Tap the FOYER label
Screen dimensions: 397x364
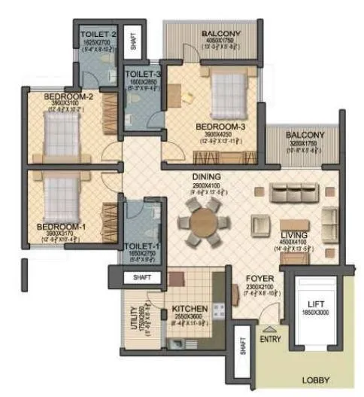tap(260, 278)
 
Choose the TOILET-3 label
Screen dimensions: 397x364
tap(141, 73)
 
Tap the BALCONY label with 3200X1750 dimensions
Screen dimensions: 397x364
tap(305, 136)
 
